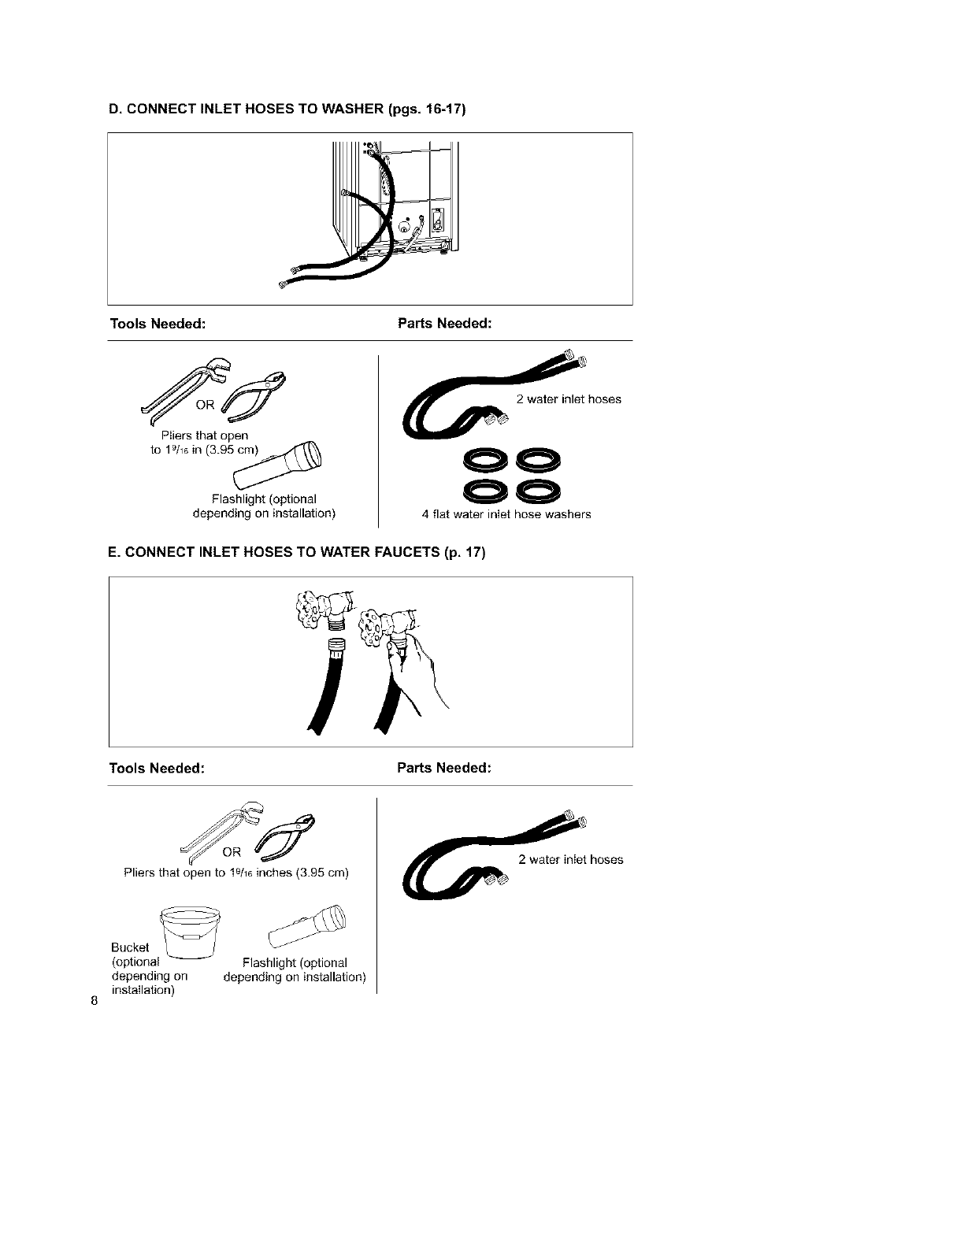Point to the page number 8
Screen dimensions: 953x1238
coord(94,1002)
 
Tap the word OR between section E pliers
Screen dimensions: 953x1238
coord(232,852)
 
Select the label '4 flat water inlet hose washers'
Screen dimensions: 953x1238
coord(506,514)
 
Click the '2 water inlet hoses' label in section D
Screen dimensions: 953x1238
coord(569,399)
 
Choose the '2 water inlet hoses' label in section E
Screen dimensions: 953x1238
coord(571,859)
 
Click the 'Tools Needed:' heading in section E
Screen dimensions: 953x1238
coord(157,768)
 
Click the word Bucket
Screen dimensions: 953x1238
coord(130,947)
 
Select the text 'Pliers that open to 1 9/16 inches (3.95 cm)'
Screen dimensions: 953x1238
coord(236,873)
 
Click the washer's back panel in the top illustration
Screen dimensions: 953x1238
coord(410,197)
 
